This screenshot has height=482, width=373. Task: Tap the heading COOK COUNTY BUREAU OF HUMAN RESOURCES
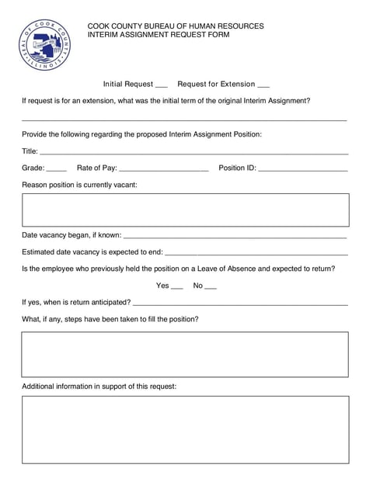tap(175, 26)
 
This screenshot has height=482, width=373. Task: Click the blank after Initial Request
tap(162, 85)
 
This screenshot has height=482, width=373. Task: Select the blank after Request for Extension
tap(263, 85)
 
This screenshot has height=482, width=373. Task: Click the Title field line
tap(193, 153)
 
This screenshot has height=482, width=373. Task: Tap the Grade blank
tap(57, 169)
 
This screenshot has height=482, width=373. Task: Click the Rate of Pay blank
tap(164, 169)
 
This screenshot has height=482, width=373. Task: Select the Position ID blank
tap(302, 169)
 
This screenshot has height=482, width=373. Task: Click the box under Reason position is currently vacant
tap(185, 210)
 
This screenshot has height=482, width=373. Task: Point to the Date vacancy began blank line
tap(235, 236)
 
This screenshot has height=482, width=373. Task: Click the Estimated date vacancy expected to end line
tap(256, 253)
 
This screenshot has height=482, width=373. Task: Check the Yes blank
tap(176, 287)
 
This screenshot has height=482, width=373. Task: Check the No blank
tap(210, 287)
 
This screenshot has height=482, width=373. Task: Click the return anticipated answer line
tap(240, 303)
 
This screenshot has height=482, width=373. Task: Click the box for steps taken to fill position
tap(185, 354)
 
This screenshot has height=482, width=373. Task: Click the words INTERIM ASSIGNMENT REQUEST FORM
tap(158, 36)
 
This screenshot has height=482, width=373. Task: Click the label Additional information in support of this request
tap(99, 386)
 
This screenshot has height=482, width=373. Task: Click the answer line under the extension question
tap(183, 119)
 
